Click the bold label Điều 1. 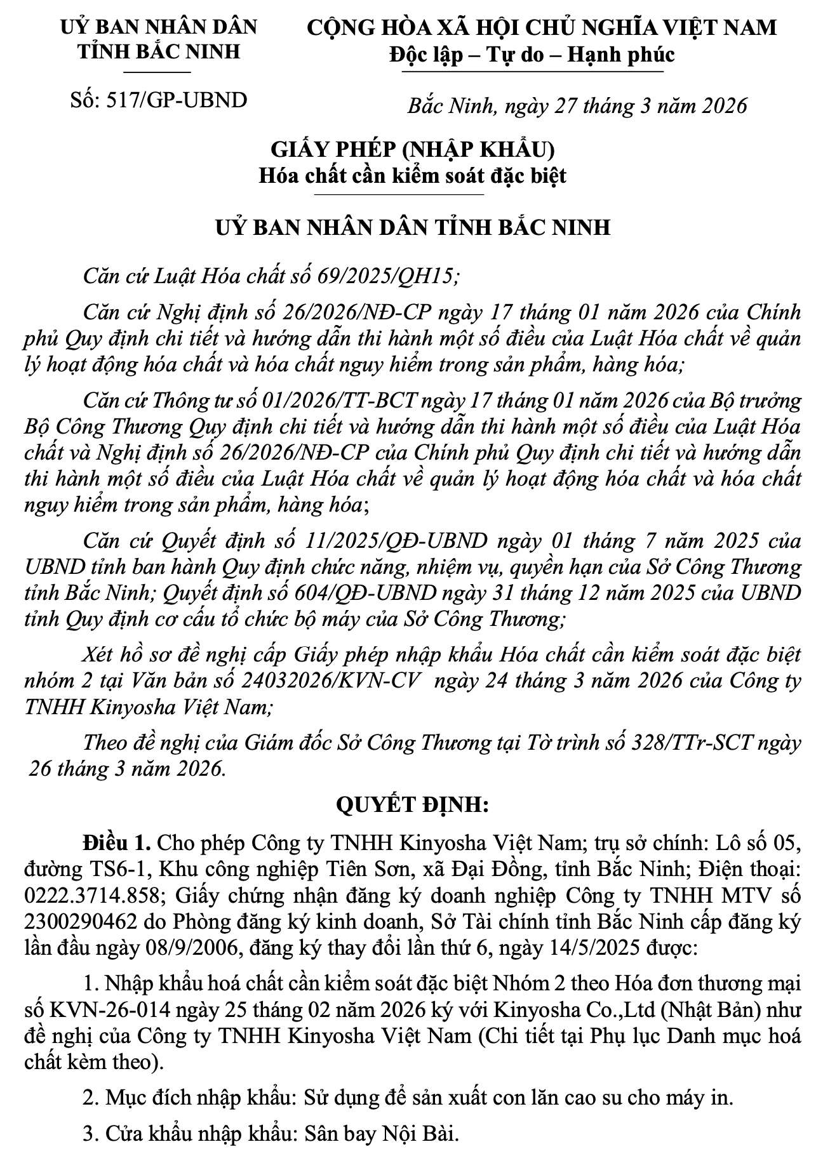[116, 844]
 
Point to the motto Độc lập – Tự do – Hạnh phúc [532, 55]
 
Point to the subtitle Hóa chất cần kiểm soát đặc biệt [412, 175]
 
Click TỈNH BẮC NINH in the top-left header [159, 51]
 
